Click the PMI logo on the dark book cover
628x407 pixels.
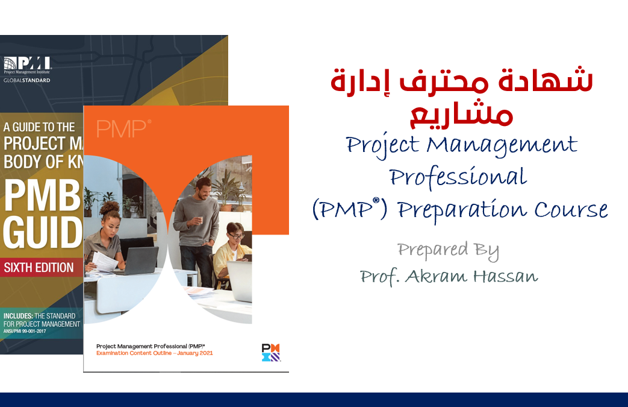coord(27,63)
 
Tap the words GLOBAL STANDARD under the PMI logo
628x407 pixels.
coord(27,80)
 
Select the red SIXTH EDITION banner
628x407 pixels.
coord(39,267)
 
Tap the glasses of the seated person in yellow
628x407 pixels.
coord(237,236)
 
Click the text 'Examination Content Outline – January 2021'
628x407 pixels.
coord(154,353)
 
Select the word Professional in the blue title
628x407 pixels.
coord(458,177)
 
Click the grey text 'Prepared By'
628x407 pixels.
coord(448,250)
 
